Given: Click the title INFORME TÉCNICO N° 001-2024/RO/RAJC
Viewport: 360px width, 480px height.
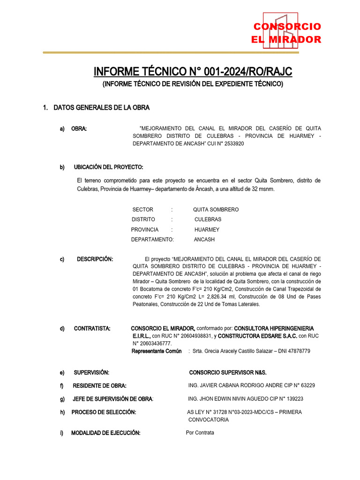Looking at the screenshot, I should [193, 72].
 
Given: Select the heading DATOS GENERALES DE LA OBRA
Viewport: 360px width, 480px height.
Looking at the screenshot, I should [101, 108].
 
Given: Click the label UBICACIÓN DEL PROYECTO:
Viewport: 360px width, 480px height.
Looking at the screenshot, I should [108, 167].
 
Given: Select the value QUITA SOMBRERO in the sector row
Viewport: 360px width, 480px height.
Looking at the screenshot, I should [216, 210].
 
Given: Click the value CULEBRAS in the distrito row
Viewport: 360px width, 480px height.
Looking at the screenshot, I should [208, 219].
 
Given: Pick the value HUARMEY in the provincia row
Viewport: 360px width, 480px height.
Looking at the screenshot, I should [207, 230].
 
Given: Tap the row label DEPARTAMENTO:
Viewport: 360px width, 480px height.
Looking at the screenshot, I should [152, 240].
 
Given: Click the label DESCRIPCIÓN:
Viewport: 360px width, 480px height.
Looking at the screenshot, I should [95, 259].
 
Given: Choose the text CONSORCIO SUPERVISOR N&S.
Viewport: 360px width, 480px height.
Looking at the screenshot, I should [227, 372].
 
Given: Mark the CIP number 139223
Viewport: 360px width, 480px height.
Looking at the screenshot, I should [291, 399].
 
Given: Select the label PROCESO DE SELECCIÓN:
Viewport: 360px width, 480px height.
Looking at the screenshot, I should [104, 412].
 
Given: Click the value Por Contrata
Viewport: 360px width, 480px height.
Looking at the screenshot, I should [200, 433].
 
